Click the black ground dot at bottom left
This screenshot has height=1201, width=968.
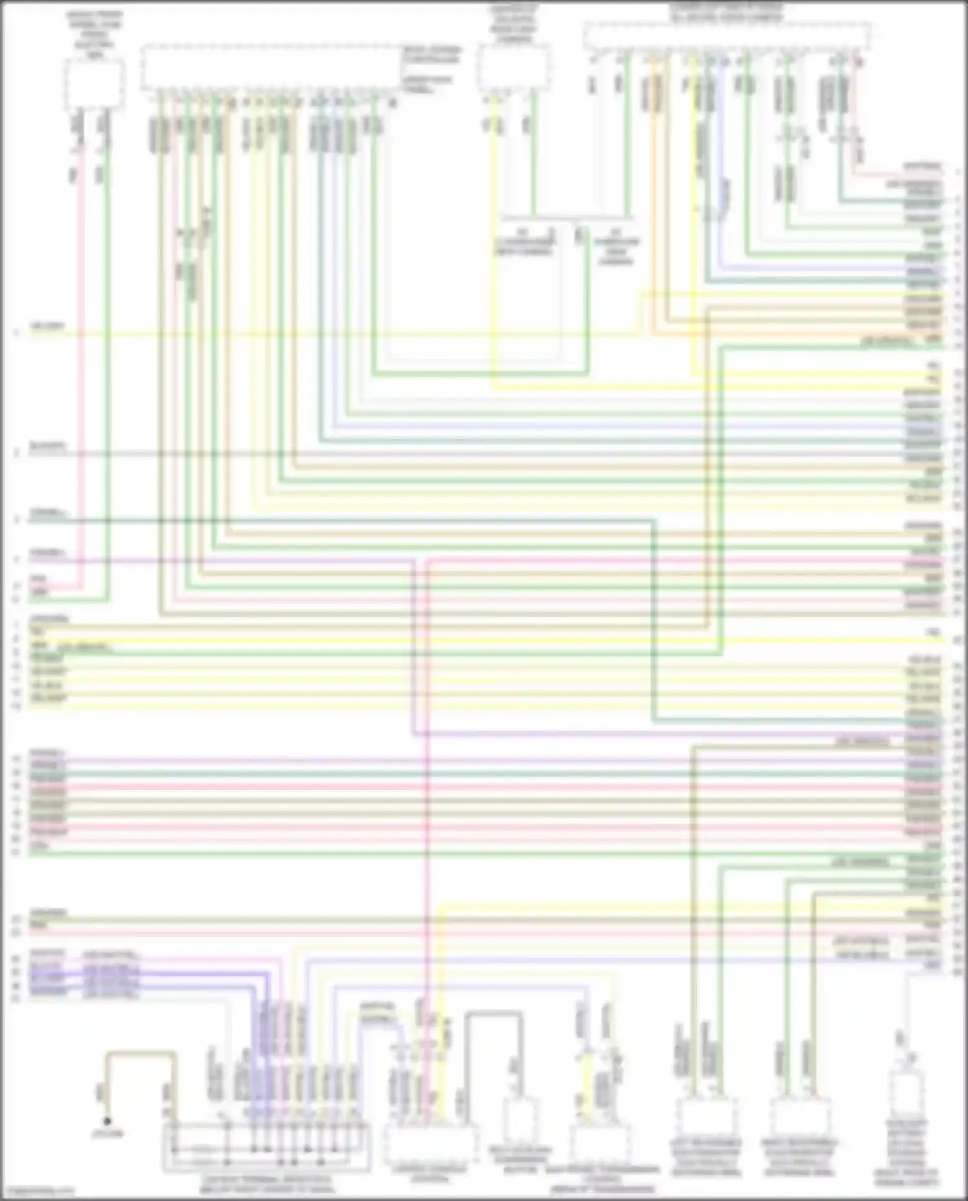tap(107, 1122)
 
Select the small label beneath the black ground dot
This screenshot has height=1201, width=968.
tap(107, 1134)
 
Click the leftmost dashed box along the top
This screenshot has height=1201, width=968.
tap(95, 84)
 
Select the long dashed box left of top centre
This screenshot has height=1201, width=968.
tap(270, 67)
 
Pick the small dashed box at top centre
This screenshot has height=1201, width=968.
tap(514, 68)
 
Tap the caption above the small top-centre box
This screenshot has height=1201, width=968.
tap(513, 24)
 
